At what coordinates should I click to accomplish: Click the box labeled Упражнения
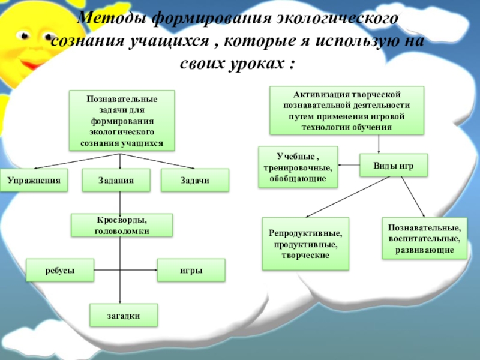point(34,180)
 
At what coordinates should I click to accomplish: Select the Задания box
point(116,180)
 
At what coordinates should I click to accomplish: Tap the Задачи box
point(194,180)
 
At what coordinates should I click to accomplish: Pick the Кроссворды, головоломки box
point(122,225)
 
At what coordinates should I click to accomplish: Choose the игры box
point(191,270)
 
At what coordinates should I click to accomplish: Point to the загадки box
point(124,315)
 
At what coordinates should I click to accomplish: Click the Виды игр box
point(394,165)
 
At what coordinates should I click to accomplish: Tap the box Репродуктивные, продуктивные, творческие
point(305,243)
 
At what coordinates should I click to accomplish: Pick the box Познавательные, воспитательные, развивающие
point(424,238)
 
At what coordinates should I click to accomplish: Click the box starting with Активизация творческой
point(347,110)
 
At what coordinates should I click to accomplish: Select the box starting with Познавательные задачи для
point(122,121)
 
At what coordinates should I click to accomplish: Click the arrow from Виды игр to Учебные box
point(349,164)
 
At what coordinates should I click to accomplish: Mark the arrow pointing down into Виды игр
point(379,144)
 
